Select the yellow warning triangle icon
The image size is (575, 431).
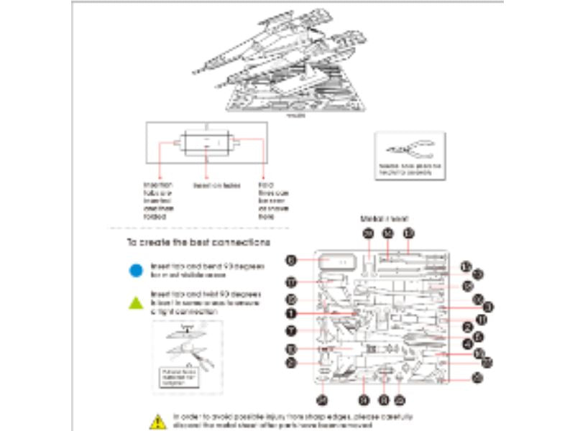tap(157, 420)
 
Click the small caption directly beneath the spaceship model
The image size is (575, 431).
tap(295, 114)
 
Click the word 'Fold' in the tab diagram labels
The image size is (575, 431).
tap(264, 185)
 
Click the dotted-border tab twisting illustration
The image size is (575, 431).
tap(188, 356)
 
